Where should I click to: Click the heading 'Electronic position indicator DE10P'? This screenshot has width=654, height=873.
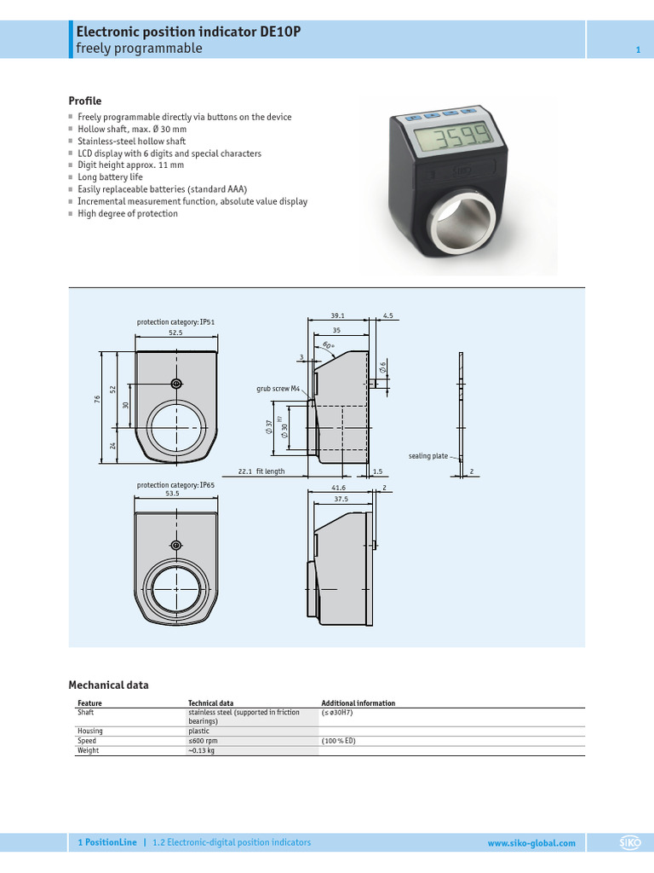188,32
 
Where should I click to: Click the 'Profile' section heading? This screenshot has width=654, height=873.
84,101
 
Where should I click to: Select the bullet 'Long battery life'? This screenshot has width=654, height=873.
110,177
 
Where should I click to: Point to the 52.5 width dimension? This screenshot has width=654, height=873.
175,333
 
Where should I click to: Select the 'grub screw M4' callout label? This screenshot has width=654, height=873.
278,389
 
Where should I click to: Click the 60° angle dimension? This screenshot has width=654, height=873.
329,346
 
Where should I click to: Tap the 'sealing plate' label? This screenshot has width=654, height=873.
427,456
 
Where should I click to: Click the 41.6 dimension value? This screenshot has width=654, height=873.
338,488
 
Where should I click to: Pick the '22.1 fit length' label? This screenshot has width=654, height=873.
261,471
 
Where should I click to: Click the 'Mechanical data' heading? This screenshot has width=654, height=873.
108,685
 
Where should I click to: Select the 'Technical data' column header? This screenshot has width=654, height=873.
210,703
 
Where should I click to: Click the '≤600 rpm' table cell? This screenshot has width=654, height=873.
203,741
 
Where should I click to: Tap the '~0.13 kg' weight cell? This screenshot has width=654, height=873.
203,751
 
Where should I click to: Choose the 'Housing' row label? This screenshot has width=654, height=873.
89,731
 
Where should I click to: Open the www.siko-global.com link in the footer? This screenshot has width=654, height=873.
531,843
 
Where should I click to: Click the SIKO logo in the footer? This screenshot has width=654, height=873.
629,843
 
